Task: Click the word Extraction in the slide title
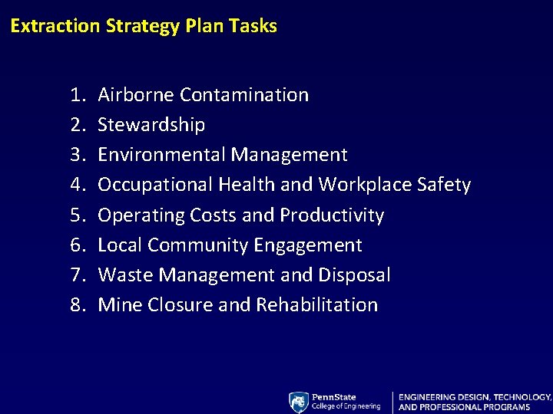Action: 55,26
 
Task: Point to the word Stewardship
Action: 151,125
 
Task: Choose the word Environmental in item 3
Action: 162,155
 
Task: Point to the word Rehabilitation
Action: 316,305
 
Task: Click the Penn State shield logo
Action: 298,402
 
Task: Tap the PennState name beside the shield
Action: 334,397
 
